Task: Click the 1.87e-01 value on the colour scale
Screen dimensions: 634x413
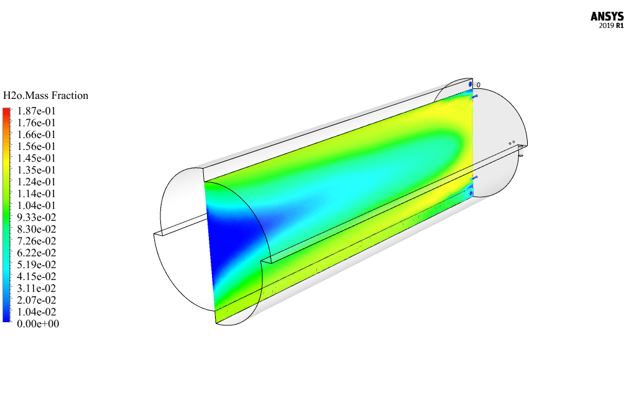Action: click(36, 111)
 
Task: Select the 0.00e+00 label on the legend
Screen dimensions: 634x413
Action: click(38, 323)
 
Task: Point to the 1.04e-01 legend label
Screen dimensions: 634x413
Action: click(36, 205)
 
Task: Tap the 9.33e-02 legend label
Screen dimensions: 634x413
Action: click(36, 217)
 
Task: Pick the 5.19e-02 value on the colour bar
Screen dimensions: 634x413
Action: click(36, 264)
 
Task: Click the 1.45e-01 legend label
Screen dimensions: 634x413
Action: click(36, 158)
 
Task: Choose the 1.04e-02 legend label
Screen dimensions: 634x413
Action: click(36, 312)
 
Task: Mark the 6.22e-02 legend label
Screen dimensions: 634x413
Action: click(36, 253)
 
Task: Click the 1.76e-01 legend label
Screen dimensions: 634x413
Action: click(36, 123)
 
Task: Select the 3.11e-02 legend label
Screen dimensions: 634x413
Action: click(36, 288)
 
